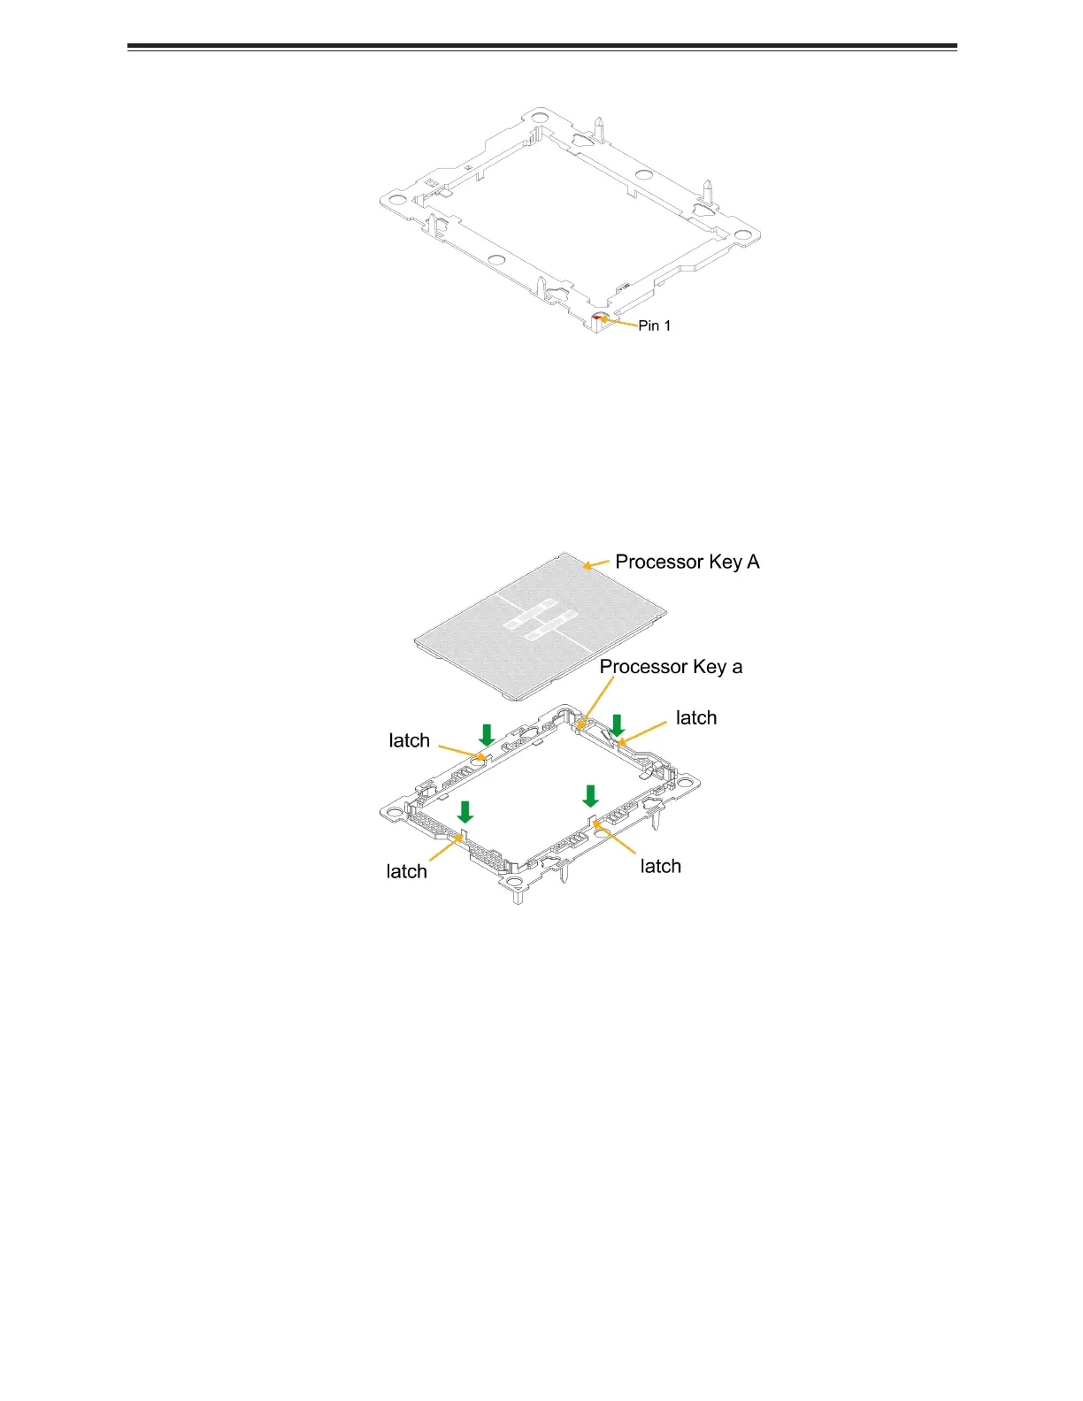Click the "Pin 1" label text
click(654, 325)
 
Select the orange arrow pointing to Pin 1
click(619, 323)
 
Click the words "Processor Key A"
click(687, 562)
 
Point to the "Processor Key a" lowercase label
click(671, 667)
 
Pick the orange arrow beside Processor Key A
click(596, 563)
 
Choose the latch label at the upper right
click(696, 718)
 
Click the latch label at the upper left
click(409, 740)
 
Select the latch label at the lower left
click(406, 871)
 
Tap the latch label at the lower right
click(660, 866)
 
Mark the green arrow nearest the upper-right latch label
click(618, 725)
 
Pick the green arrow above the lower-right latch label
click(590, 795)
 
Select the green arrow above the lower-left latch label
click(465, 812)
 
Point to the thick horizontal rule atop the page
click(541, 46)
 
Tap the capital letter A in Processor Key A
click(753, 562)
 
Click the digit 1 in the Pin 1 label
click(667, 325)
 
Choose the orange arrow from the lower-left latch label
click(443, 849)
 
